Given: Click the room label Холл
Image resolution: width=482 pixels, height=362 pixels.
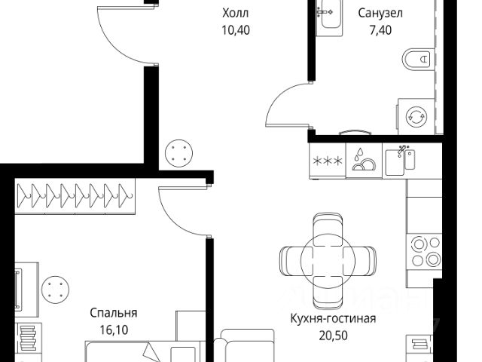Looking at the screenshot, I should point(235,13).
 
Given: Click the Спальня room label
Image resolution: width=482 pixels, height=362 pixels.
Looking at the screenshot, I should point(113,312).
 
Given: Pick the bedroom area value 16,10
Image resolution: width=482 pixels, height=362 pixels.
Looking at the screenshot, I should point(113,330).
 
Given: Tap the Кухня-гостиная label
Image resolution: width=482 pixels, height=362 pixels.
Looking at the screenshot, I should point(333,318).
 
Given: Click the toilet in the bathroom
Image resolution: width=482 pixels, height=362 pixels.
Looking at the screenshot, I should point(418,59).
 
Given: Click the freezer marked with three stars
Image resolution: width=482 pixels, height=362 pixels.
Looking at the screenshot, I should point(327,161).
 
